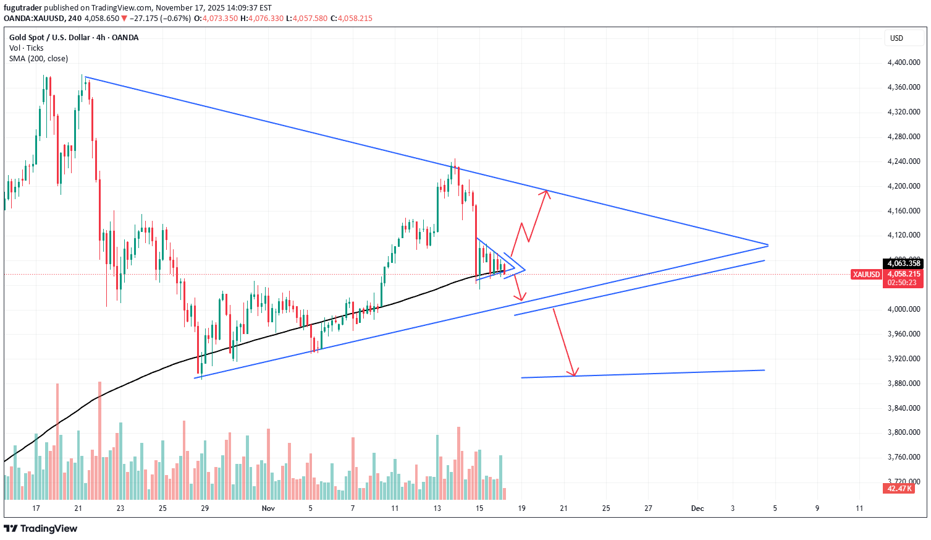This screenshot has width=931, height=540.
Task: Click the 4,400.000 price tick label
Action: tap(903, 62)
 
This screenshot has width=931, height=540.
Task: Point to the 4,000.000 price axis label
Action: tap(903, 309)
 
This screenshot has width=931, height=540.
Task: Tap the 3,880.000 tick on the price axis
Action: tap(903, 384)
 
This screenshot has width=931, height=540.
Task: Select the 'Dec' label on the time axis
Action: tap(697, 508)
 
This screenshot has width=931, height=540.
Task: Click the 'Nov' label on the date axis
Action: tap(268, 508)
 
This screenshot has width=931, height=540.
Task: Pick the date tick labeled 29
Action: tap(205, 508)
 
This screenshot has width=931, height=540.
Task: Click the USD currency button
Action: tap(896, 38)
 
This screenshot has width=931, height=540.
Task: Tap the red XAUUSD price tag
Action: tap(866, 275)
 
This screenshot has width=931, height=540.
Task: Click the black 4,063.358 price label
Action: tap(904, 264)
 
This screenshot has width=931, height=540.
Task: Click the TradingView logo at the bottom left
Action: tap(41, 528)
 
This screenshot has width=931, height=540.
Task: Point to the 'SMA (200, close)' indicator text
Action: tap(39, 59)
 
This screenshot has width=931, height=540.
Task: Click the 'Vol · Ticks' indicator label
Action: tap(27, 48)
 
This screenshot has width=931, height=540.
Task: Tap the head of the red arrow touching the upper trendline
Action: tap(546, 192)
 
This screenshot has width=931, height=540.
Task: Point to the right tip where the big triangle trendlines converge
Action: tap(767, 245)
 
